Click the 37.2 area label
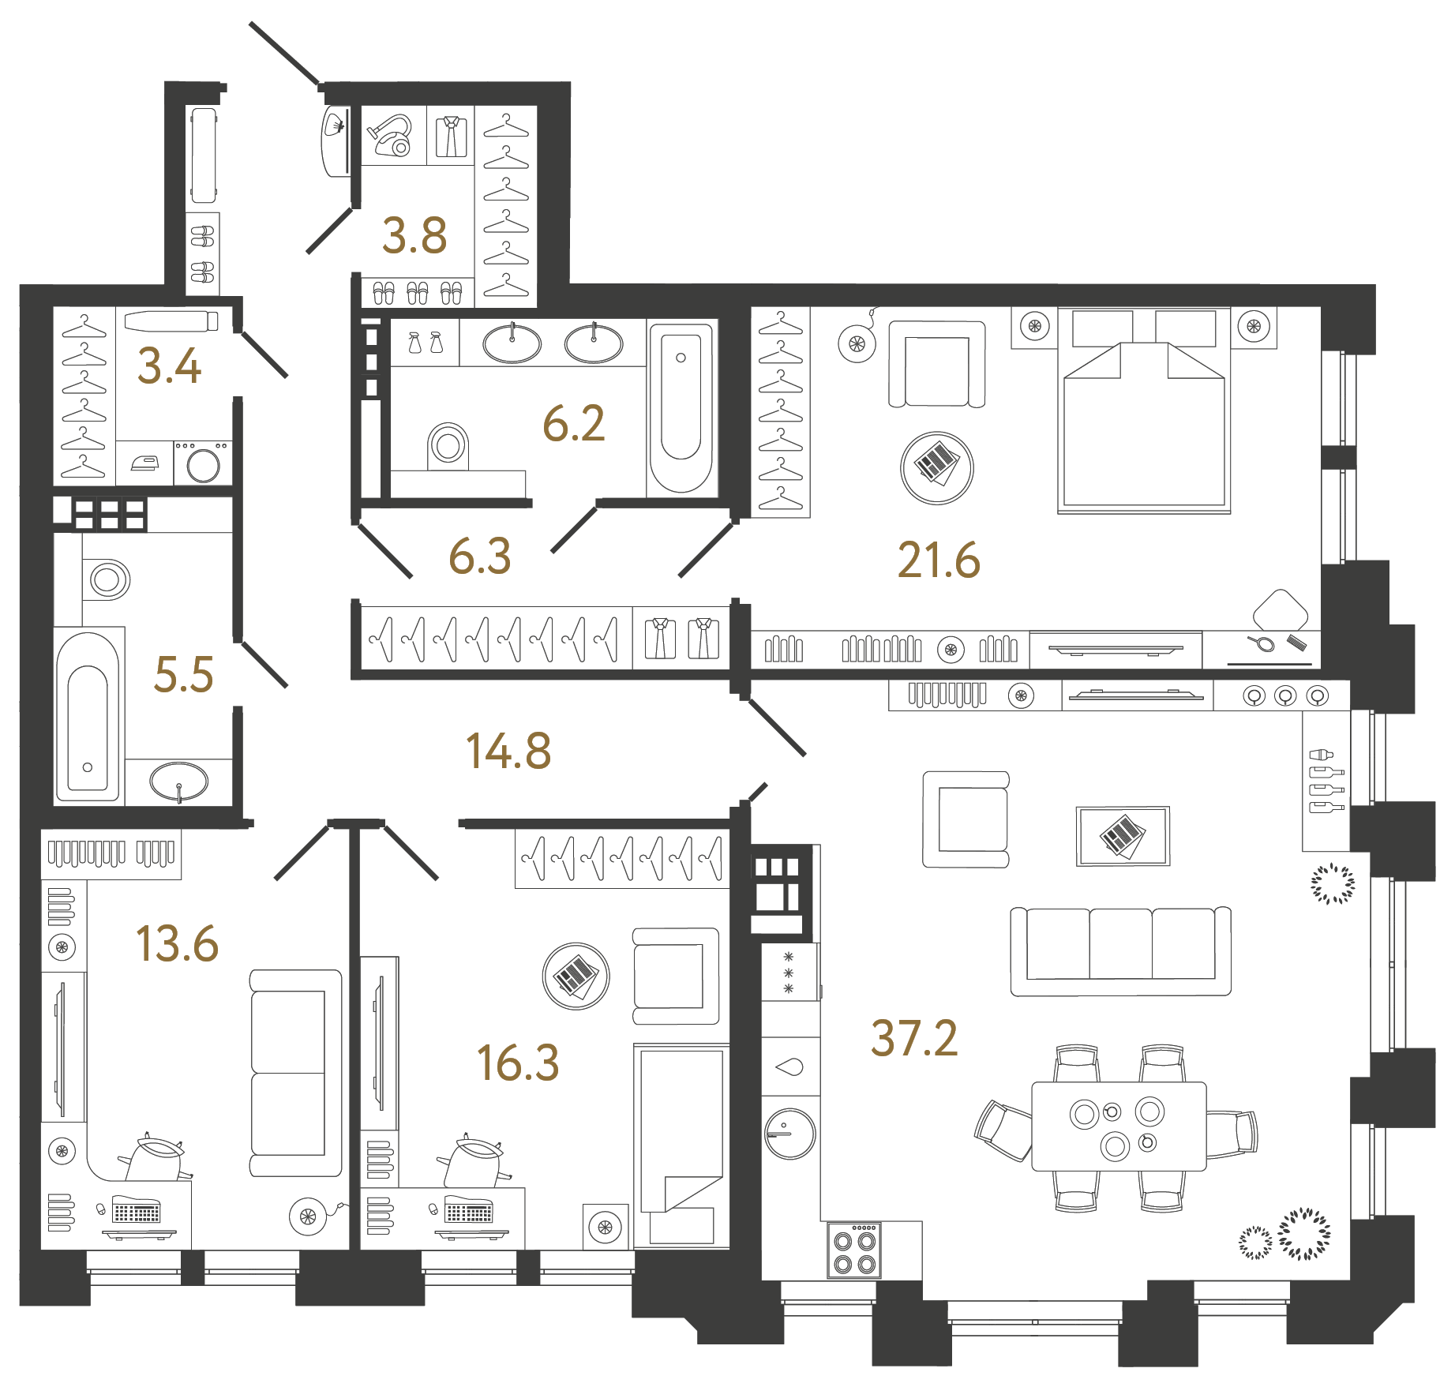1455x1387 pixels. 914,1038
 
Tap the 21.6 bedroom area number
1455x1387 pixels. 939,560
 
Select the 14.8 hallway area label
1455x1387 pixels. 508,751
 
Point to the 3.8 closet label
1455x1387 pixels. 414,236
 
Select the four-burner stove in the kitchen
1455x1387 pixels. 854,1250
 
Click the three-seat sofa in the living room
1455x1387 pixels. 1120,950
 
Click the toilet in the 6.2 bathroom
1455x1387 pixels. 448,446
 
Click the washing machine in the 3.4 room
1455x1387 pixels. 203,463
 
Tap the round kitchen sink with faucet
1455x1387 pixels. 789,1134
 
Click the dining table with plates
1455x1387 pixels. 1118,1126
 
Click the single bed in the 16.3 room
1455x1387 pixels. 681,1145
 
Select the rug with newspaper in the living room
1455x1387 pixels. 1123,836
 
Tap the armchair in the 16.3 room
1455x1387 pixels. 676,976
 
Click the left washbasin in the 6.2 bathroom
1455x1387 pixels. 512,343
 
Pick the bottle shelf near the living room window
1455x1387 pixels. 1326,780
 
